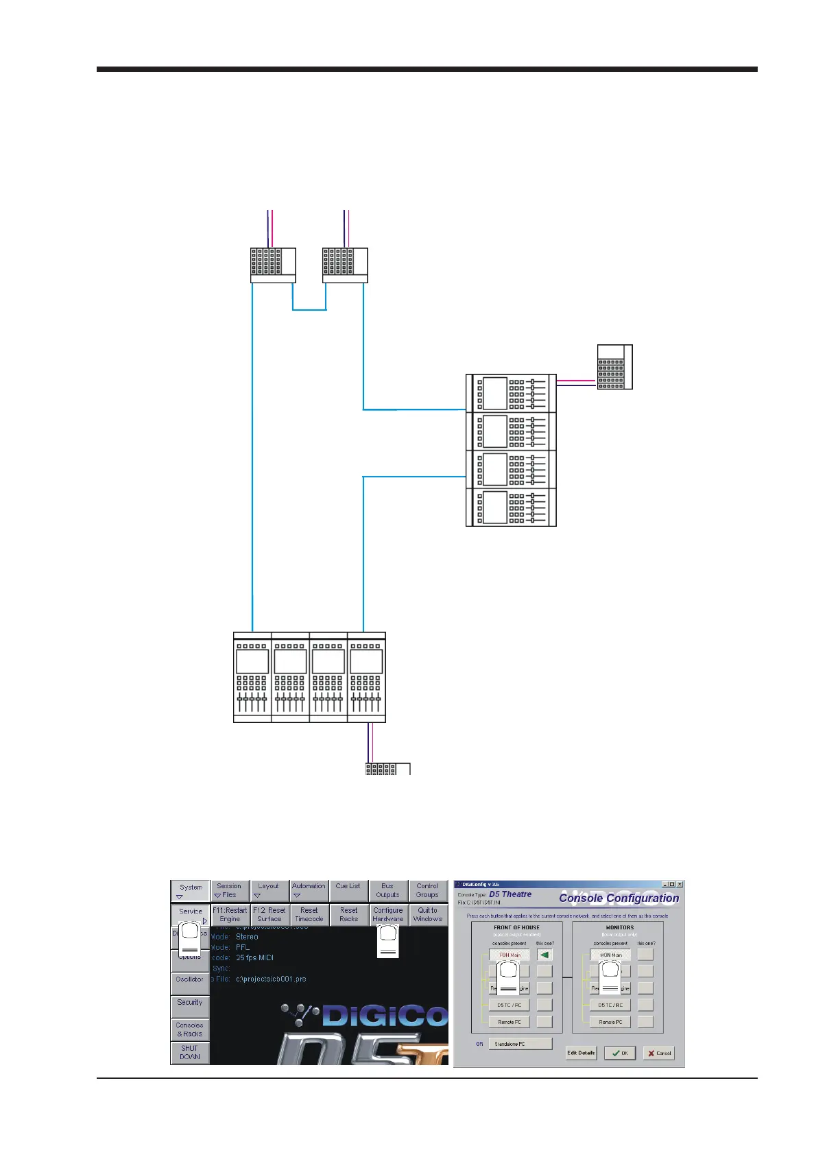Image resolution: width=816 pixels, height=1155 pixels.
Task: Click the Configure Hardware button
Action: (388, 914)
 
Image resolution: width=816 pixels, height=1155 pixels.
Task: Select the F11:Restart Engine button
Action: (230, 914)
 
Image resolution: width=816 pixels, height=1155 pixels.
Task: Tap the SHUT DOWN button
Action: (190, 1053)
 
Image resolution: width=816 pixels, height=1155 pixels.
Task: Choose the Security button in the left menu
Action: (190, 1003)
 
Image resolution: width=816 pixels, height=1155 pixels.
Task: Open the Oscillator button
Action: (190, 979)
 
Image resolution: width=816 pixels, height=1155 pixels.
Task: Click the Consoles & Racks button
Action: (190, 1029)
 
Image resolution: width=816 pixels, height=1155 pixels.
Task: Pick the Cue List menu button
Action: (348, 890)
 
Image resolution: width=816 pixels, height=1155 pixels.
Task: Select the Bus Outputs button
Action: (387, 890)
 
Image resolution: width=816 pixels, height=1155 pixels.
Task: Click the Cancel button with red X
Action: (658, 1053)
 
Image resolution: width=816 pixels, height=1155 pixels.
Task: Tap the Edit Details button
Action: (581, 1053)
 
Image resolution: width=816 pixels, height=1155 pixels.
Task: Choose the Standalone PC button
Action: (520, 1044)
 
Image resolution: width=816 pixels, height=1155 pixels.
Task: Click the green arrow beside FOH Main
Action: (544, 955)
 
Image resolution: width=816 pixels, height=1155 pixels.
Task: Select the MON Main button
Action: (610, 955)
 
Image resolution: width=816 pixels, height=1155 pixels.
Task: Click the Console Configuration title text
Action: (619, 898)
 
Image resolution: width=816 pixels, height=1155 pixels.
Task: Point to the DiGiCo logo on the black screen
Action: (367, 1015)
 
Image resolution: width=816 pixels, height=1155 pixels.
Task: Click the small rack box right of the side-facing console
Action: (614, 367)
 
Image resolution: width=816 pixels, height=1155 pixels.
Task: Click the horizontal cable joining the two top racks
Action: (309, 310)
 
